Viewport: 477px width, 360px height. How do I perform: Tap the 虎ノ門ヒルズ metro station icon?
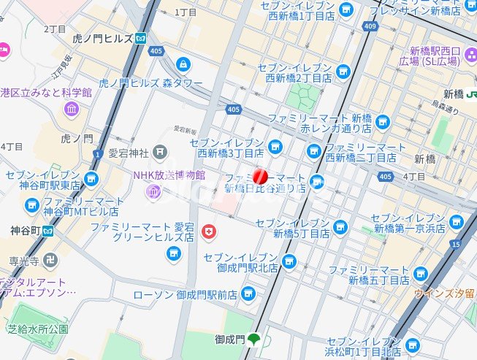[140, 38]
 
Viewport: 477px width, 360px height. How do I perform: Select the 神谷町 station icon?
[47, 231]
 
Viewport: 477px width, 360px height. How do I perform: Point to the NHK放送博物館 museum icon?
[153, 191]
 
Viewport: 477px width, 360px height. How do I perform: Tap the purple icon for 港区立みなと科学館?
[72, 110]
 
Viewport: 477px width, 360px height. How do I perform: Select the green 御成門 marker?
[254, 339]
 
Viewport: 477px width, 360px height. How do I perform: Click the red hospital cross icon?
[210, 231]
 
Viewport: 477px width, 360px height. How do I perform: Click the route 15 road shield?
[457, 243]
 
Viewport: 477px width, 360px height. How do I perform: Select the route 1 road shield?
[96, 154]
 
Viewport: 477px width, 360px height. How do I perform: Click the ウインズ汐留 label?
[445, 294]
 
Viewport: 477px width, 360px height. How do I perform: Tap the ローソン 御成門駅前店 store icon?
[248, 294]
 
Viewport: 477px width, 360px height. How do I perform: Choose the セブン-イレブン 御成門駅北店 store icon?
[289, 261]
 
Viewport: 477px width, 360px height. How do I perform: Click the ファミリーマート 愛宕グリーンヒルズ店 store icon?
[174, 253]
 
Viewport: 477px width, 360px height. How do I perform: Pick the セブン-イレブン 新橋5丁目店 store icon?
[340, 227]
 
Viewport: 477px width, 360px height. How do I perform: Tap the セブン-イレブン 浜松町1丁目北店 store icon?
[413, 345]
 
